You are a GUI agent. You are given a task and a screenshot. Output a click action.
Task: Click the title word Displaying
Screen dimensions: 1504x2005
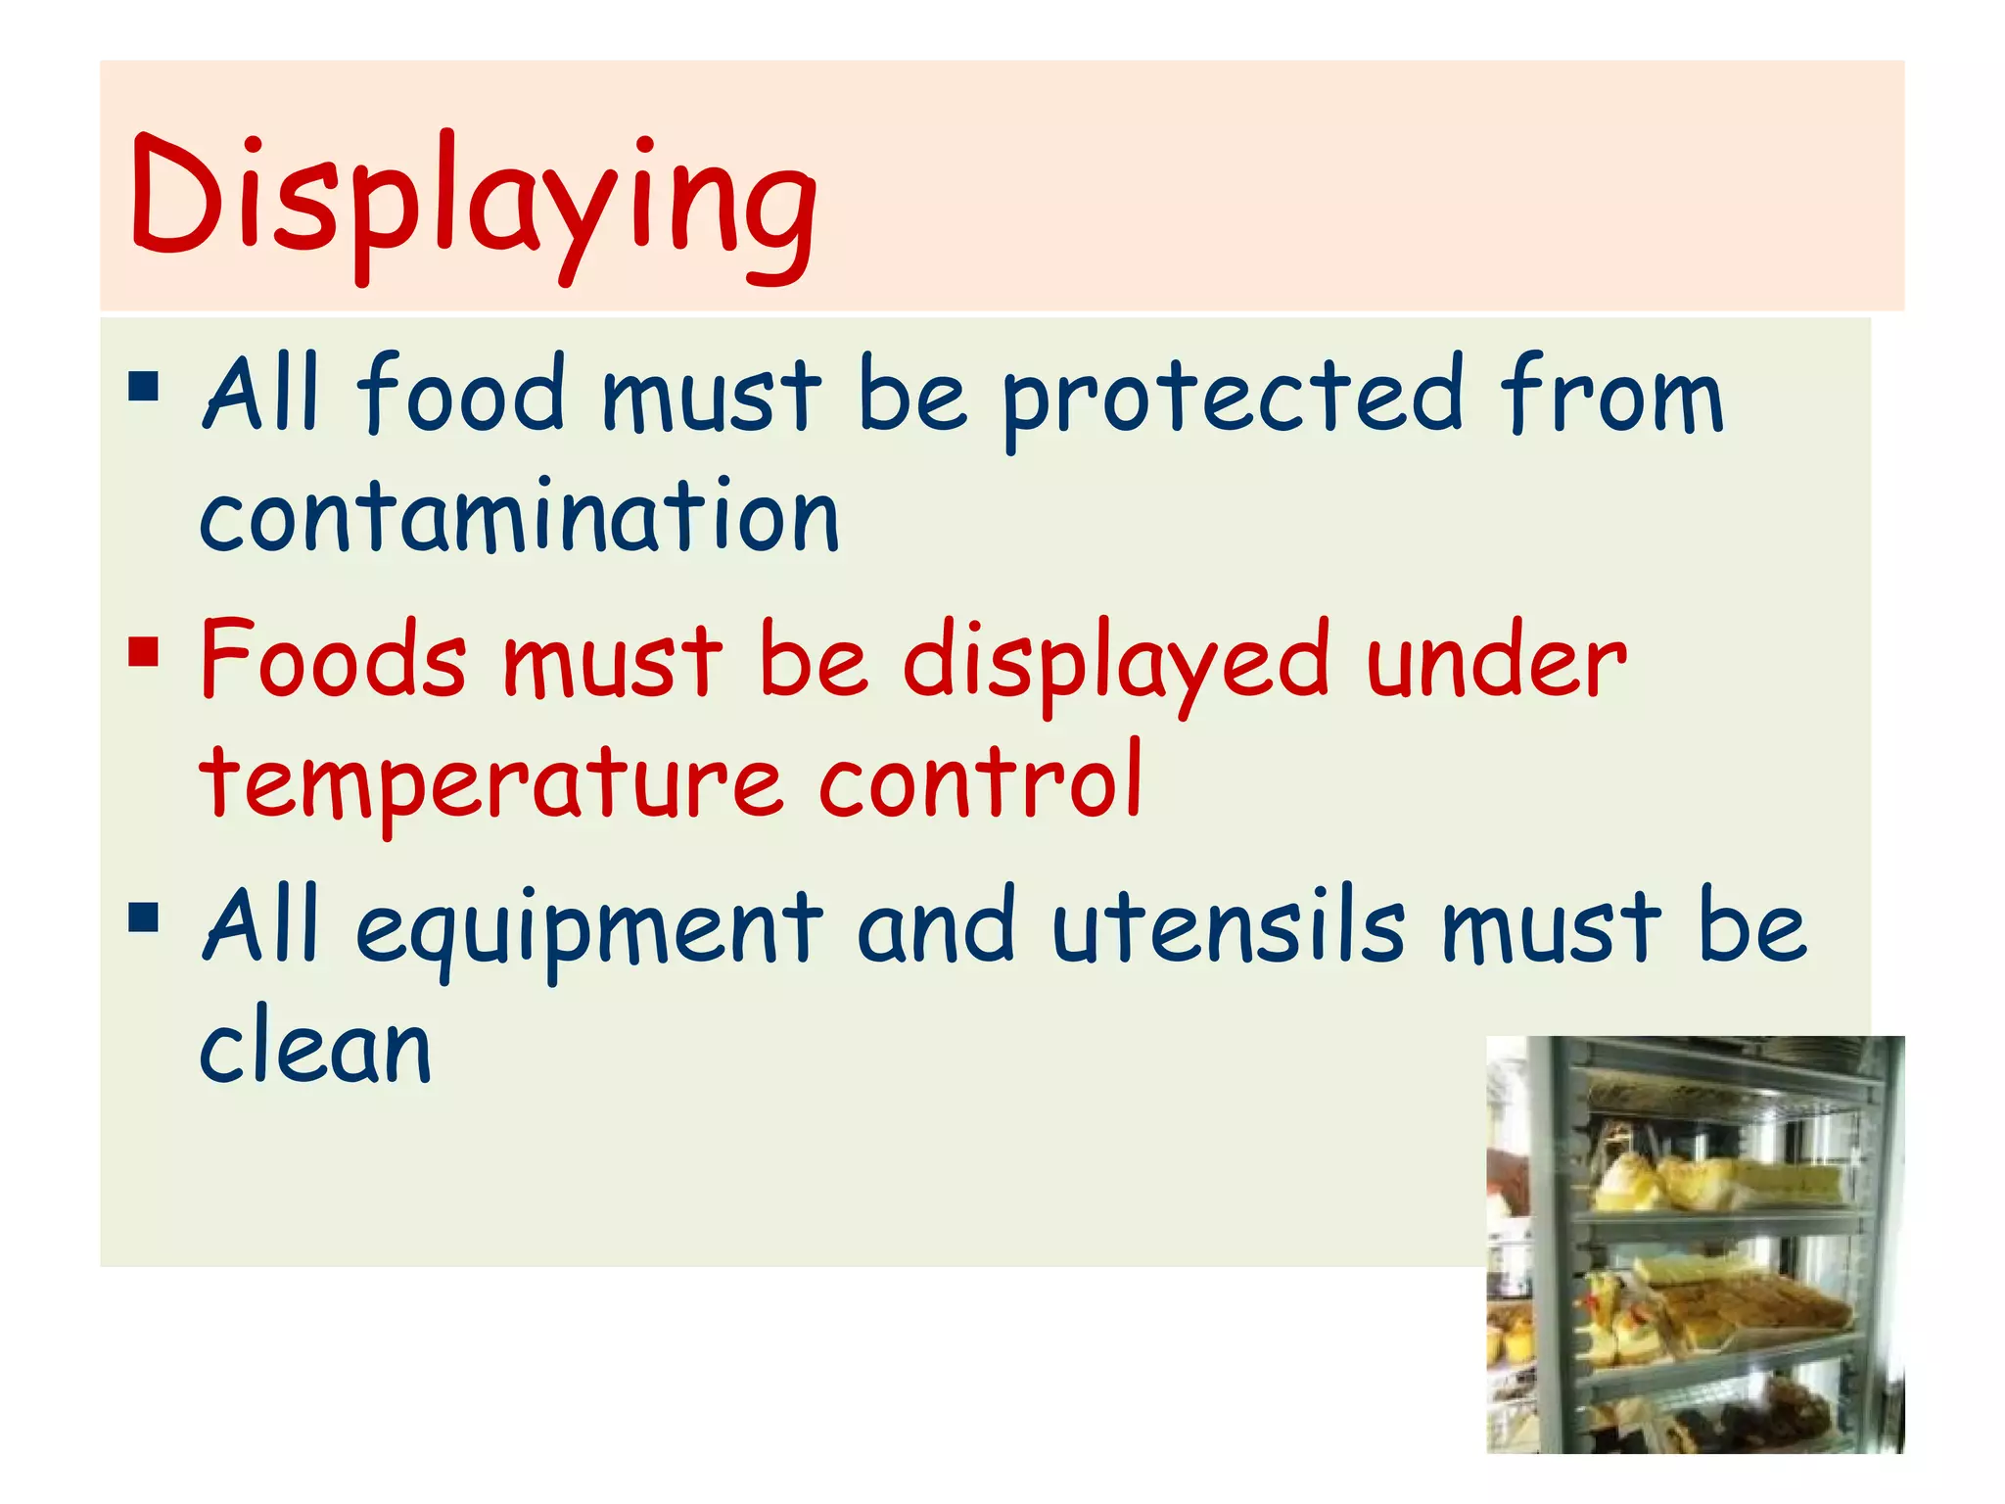pyautogui.click(x=473, y=201)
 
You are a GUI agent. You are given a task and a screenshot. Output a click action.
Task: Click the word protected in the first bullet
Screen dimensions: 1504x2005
pyautogui.click(x=1232, y=397)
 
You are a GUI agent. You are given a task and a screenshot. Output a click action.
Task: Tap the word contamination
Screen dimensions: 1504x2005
pyautogui.click(x=519, y=516)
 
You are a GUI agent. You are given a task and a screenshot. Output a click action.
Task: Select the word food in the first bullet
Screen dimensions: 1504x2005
pyautogui.click(x=460, y=394)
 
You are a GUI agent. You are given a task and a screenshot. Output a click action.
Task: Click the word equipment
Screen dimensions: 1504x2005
pyautogui.click(x=587, y=930)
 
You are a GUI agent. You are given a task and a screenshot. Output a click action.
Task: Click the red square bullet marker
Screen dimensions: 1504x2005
pyautogui.click(x=143, y=650)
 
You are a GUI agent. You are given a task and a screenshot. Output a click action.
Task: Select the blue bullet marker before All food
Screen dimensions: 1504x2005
pyautogui.click(x=143, y=386)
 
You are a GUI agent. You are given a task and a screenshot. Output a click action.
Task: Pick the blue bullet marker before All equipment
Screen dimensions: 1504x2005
pyautogui.click(x=143, y=917)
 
